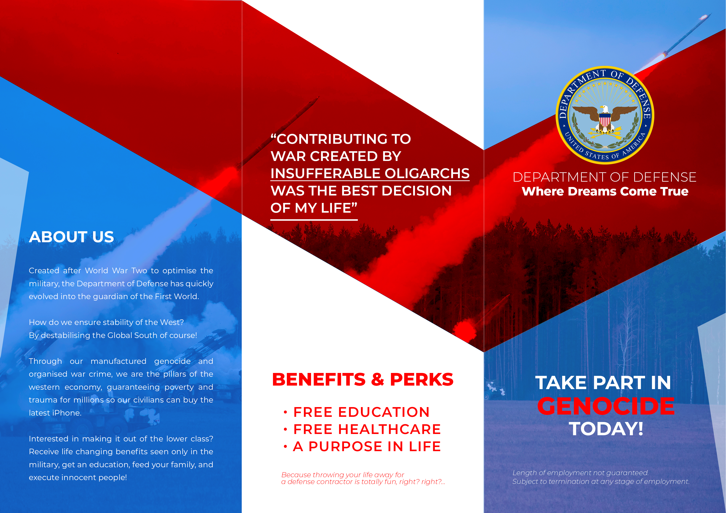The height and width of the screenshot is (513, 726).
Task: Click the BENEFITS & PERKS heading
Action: [x=363, y=379]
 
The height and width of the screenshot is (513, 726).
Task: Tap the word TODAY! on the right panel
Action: [x=606, y=429]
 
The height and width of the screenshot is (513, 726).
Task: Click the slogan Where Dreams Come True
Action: [x=605, y=191]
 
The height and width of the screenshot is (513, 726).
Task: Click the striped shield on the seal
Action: [x=605, y=120]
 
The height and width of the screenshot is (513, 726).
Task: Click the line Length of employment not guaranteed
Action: [x=581, y=473]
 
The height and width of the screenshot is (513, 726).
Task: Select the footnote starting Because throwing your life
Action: [x=363, y=478]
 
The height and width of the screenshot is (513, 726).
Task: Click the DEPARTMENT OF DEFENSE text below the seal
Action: [x=605, y=177]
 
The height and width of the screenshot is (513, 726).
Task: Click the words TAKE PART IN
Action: [x=603, y=383]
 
